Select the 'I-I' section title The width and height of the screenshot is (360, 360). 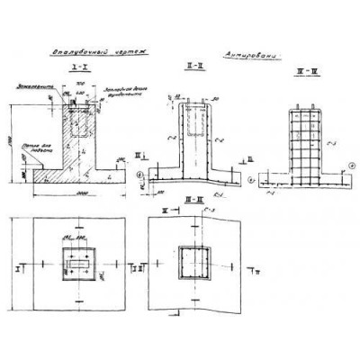pos(76,67)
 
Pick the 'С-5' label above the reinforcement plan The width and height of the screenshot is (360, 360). pos(206,212)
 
